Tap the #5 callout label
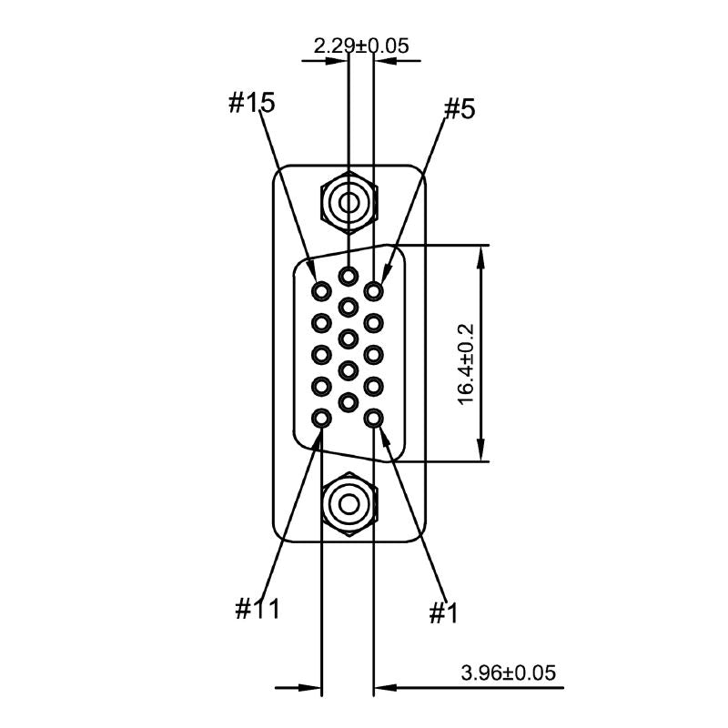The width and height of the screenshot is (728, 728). (x=460, y=110)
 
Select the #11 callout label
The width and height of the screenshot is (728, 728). (x=258, y=608)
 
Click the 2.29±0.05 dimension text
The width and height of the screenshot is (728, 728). (x=361, y=44)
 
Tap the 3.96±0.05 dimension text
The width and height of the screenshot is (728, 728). (x=508, y=673)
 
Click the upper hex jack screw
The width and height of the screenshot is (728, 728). (x=348, y=201)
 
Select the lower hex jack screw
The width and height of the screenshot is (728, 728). (x=348, y=502)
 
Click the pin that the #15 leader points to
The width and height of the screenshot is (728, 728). (x=322, y=291)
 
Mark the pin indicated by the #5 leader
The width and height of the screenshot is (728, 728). (x=373, y=291)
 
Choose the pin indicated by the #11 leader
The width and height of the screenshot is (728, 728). (x=322, y=419)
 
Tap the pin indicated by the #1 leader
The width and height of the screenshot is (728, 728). (x=373, y=419)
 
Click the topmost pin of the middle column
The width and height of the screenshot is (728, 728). (x=348, y=275)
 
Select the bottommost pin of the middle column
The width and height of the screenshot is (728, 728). (x=348, y=401)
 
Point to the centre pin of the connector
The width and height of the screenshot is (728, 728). (x=348, y=339)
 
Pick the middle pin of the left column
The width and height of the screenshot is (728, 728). (x=322, y=355)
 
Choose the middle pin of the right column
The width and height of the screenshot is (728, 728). (x=373, y=355)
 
